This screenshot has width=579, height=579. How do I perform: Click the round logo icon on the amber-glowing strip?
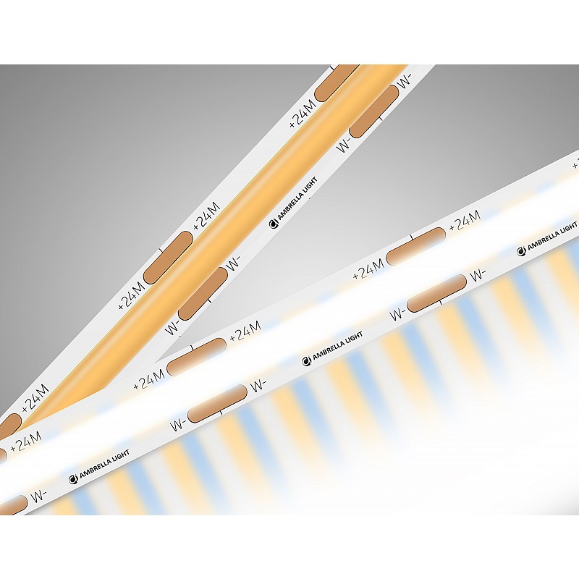pos(274,224)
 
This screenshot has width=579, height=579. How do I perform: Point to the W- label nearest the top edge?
pos(405,81)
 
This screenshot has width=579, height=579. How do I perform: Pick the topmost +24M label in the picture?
pos(303,113)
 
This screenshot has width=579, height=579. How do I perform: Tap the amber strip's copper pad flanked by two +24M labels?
pos(169,258)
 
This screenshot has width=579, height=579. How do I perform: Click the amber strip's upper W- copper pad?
pos(374,111)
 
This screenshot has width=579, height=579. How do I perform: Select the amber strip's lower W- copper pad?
pos(203,294)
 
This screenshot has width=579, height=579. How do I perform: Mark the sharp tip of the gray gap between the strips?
pos(156,361)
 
